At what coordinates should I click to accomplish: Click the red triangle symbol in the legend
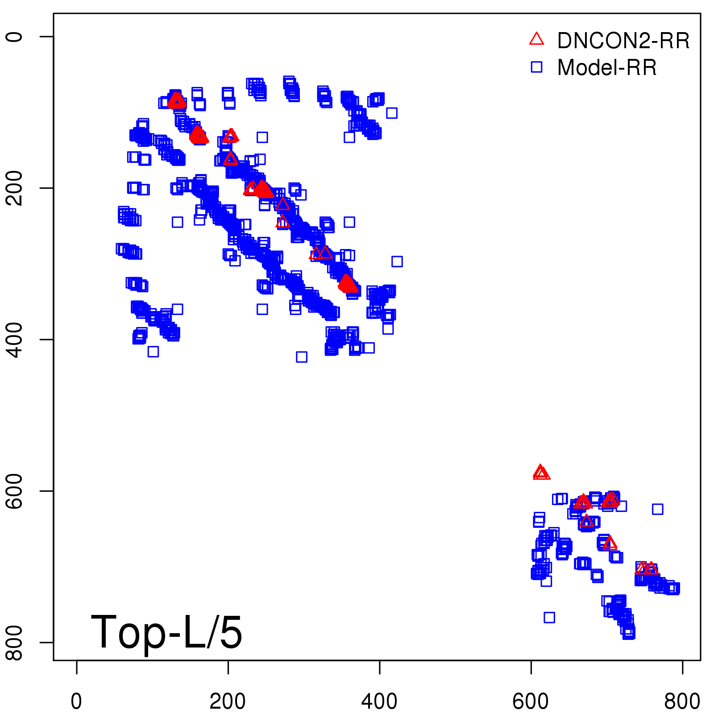(x=536, y=39)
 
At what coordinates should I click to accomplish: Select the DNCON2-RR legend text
(x=623, y=41)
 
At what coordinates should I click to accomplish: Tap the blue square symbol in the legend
(x=536, y=67)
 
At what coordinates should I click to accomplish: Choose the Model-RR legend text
(x=607, y=68)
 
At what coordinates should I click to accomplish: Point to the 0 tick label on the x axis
(x=76, y=702)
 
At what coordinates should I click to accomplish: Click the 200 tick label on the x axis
(x=228, y=702)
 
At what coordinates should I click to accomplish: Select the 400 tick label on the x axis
(x=379, y=702)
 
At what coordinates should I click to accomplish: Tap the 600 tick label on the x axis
(x=531, y=702)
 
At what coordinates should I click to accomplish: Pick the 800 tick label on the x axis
(x=682, y=702)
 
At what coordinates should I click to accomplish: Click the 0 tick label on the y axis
(x=14, y=36)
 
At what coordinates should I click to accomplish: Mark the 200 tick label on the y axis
(x=14, y=188)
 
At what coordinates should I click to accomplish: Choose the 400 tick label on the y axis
(x=14, y=339)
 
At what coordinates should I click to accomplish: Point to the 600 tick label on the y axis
(x=14, y=491)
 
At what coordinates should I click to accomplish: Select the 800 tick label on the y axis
(x=14, y=642)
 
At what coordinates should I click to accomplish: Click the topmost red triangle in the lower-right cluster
(x=540, y=471)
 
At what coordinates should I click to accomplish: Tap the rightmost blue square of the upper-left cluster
(x=397, y=262)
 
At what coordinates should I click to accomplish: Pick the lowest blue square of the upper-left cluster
(x=302, y=357)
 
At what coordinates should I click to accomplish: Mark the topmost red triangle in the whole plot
(x=176, y=100)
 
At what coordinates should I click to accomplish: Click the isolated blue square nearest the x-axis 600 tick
(x=549, y=618)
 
